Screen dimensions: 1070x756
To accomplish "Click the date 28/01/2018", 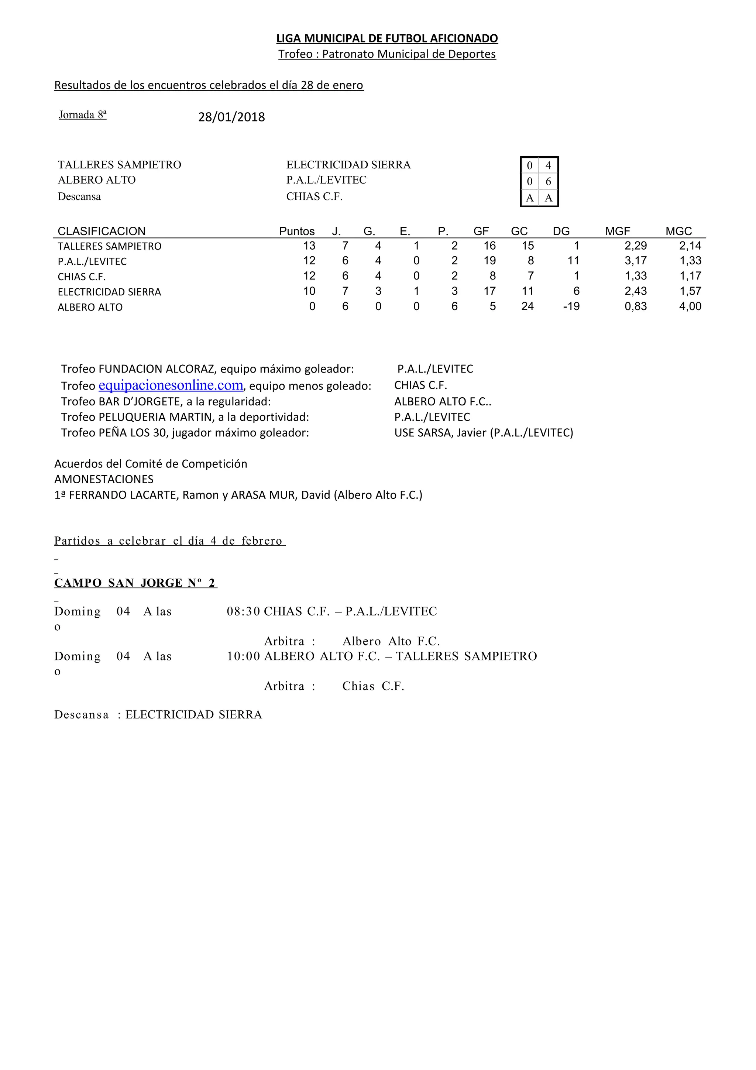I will pyautogui.click(x=231, y=117).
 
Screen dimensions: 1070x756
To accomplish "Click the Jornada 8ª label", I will pyautogui.click(x=82, y=114).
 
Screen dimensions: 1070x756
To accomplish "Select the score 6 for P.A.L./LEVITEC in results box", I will pyautogui.click(x=548, y=182).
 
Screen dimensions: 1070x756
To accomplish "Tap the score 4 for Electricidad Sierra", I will pyautogui.click(x=548, y=165).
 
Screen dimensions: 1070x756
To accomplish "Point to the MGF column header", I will pyautogui.click(x=617, y=231).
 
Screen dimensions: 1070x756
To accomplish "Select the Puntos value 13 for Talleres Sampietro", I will pyautogui.click(x=309, y=246).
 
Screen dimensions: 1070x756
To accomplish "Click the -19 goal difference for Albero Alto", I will pyautogui.click(x=571, y=306).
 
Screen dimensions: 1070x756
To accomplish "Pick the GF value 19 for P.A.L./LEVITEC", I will pyautogui.click(x=489, y=261).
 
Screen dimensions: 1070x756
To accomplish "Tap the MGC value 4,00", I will pyautogui.click(x=690, y=306).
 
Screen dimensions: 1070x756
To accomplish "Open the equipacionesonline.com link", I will pyautogui.click(x=171, y=385).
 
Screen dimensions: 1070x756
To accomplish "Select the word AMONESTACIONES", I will pyautogui.click(x=104, y=479).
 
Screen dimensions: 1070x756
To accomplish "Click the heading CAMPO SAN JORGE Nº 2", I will pyautogui.click(x=135, y=583).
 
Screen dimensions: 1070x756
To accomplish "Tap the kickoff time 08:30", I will pyautogui.click(x=243, y=611).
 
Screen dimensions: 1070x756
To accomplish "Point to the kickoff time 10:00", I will pyautogui.click(x=243, y=656).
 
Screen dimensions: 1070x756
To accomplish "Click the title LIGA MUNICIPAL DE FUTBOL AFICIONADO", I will pyautogui.click(x=387, y=38).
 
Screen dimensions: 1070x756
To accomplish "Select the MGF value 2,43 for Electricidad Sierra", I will pyautogui.click(x=635, y=291).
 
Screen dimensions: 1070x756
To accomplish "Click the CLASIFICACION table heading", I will pyautogui.click(x=102, y=231).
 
